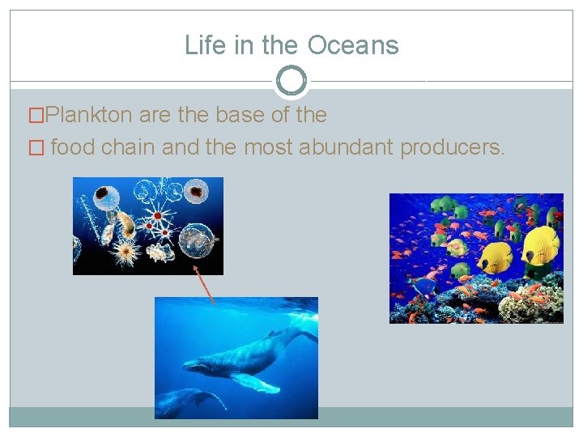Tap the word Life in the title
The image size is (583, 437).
[203, 45]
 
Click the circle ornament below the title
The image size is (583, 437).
[291, 81]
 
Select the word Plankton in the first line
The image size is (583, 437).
[90, 115]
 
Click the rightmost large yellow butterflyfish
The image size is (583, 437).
[540, 244]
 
